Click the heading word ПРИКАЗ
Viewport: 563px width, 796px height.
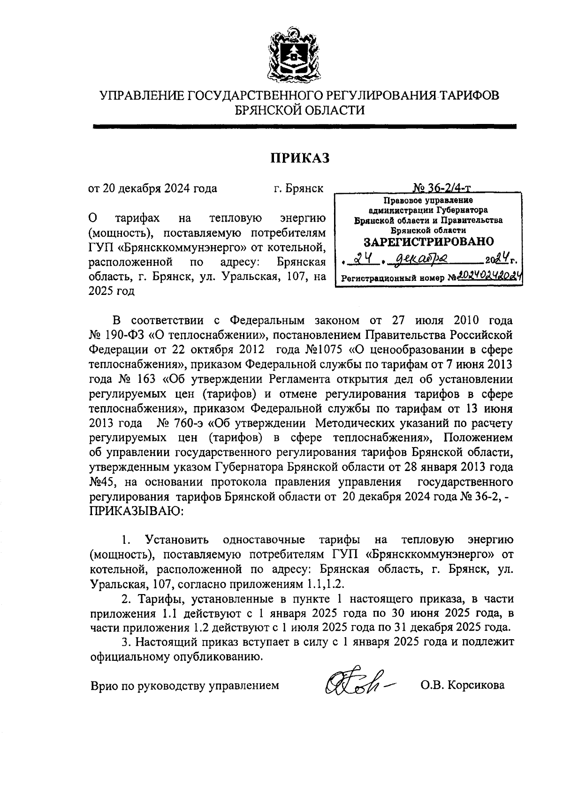point(300,158)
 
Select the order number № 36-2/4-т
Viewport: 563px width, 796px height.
point(442,188)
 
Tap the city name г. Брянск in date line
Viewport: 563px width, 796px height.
point(298,188)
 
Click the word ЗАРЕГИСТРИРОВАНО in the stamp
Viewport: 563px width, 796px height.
point(429,242)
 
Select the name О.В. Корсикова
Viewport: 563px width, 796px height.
point(462,685)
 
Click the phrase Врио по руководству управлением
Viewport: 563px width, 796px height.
point(184,685)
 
